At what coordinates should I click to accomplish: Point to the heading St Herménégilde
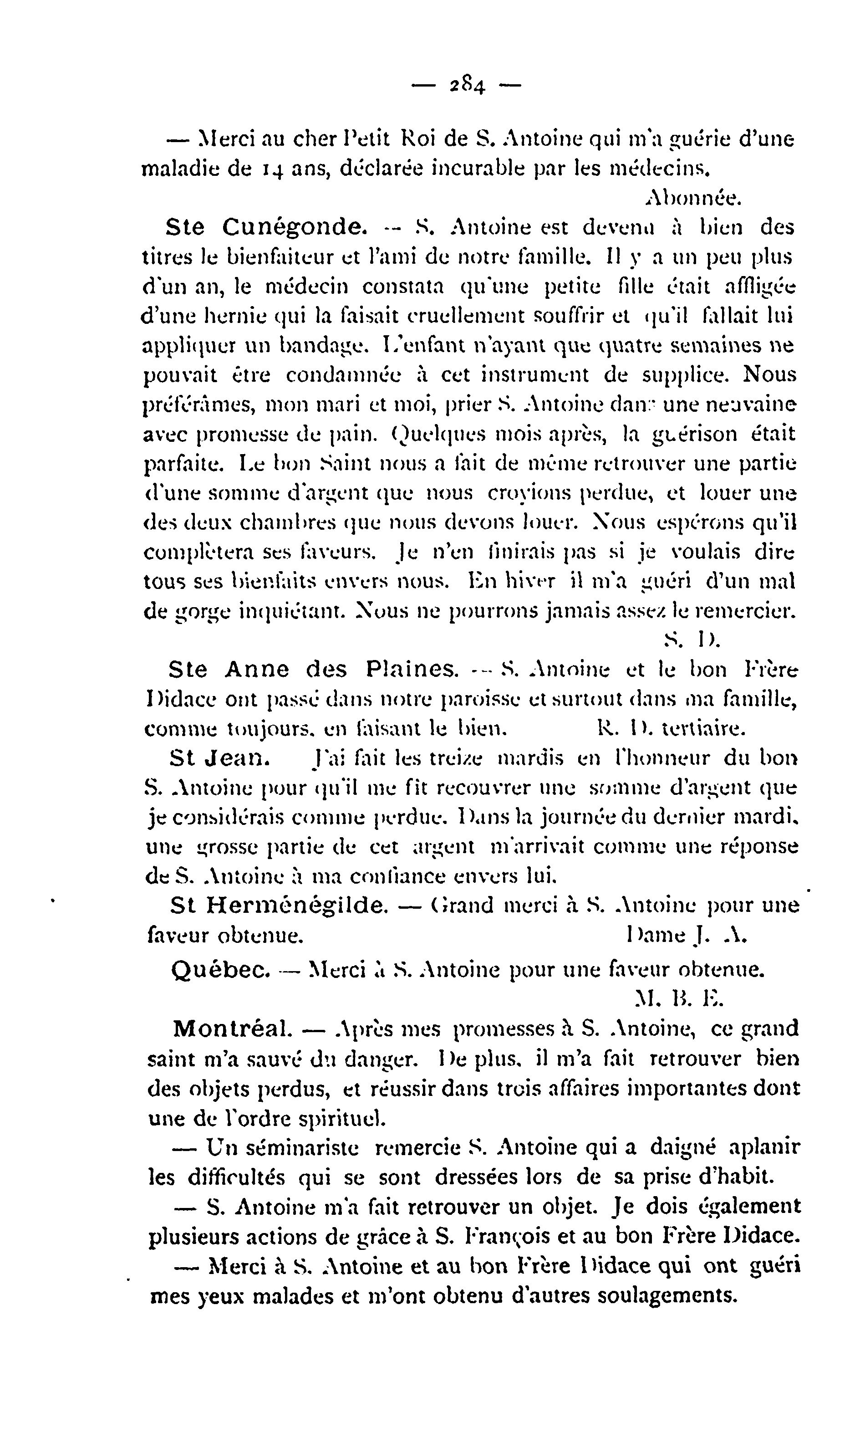[x=279, y=905]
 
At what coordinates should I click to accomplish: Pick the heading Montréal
[x=233, y=1029]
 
